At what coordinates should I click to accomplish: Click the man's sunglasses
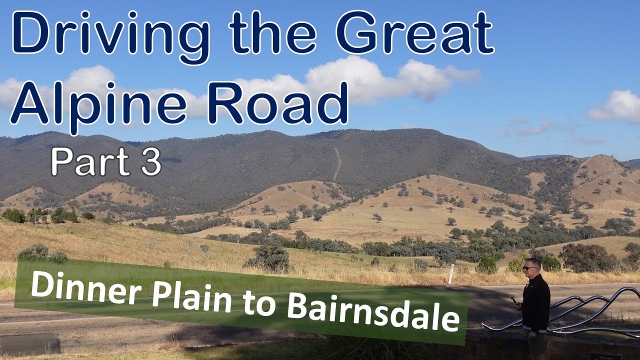(529, 268)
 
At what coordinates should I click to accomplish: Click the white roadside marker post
(451, 274)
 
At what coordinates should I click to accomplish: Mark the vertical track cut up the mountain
(338, 162)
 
